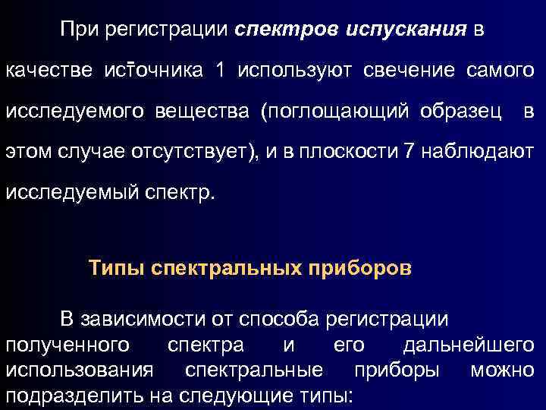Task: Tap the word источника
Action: (x=154, y=71)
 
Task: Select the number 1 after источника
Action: (x=220, y=71)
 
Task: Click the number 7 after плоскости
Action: (x=410, y=152)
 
